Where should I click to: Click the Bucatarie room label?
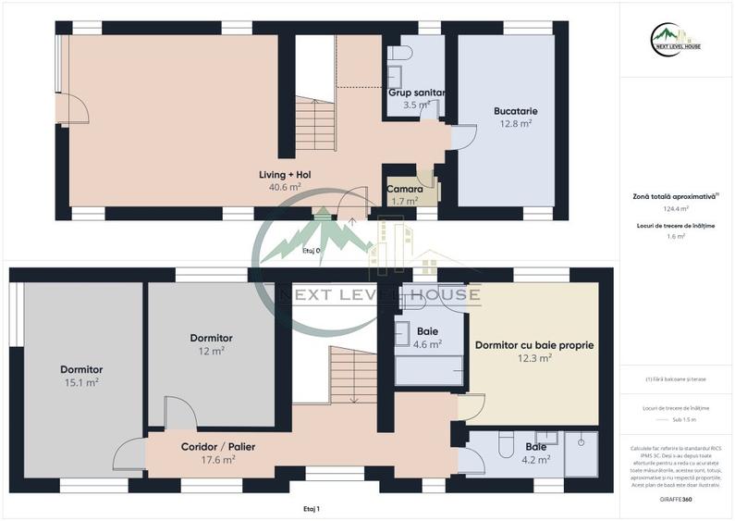[x=515, y=111]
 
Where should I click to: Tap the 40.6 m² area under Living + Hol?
[x=285, y=186]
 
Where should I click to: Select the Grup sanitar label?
[x=415, y=93]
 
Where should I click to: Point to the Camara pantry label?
[x=404, y=189]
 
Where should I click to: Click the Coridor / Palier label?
[x=217, y=446]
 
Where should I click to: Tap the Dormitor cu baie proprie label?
[x=533, y=345]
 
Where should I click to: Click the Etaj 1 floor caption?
[x=311, y=509]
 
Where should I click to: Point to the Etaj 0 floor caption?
[x=312, y=250]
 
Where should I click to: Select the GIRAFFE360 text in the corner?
[x=676, y=500]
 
